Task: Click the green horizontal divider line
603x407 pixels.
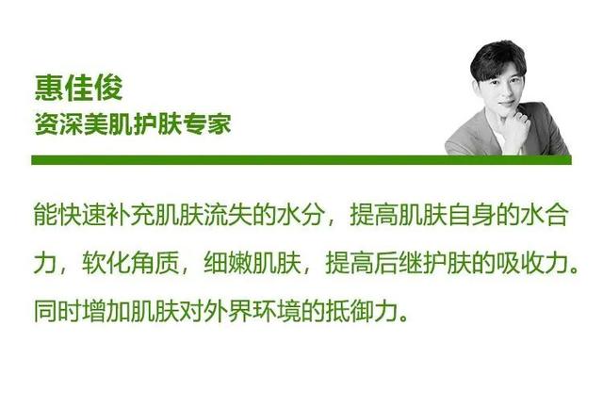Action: coord(301,160)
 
